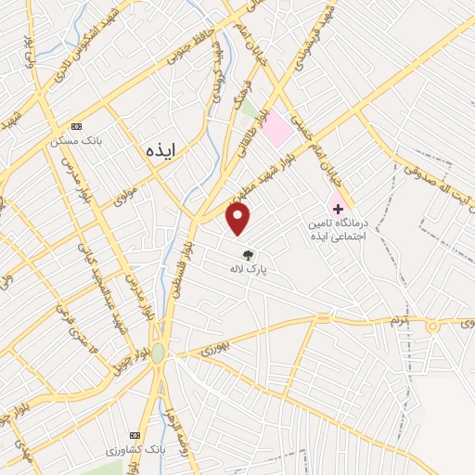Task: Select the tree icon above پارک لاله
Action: coord(248,255)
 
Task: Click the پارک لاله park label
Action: coord(248,269)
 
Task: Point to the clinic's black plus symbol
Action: coord(338,210)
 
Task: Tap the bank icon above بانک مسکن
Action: coord(76,127)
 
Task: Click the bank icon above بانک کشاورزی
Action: coord(135,434)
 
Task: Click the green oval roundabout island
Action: coord(159,353)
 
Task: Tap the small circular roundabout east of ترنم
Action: coord(431,326)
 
